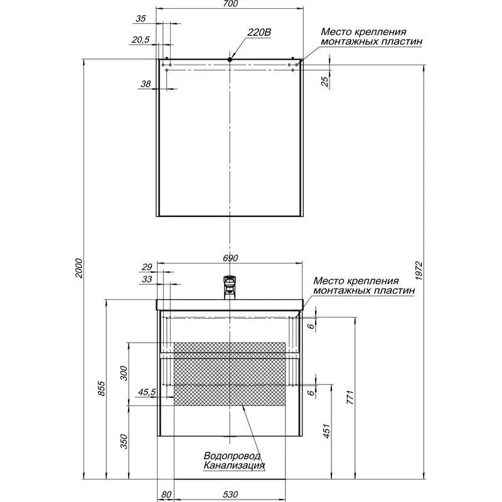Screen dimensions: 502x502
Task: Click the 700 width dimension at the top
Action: (x=230, y=5)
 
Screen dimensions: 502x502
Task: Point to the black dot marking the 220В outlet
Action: (x=230, y=60)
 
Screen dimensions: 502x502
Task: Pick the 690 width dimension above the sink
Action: (x=230, y=258)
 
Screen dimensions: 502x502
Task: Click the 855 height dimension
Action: (x=101, y=390)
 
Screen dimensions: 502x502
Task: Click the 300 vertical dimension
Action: (x=124, y=373)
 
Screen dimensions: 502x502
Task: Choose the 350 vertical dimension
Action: (x=124, y=442)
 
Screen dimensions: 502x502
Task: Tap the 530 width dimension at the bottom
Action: (x=230, y=495)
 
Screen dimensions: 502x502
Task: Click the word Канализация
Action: (x=233, y=466)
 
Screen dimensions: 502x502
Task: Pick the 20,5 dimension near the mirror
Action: (x=141, y=40)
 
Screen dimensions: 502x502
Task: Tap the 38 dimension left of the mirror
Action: (x=145, y=83)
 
